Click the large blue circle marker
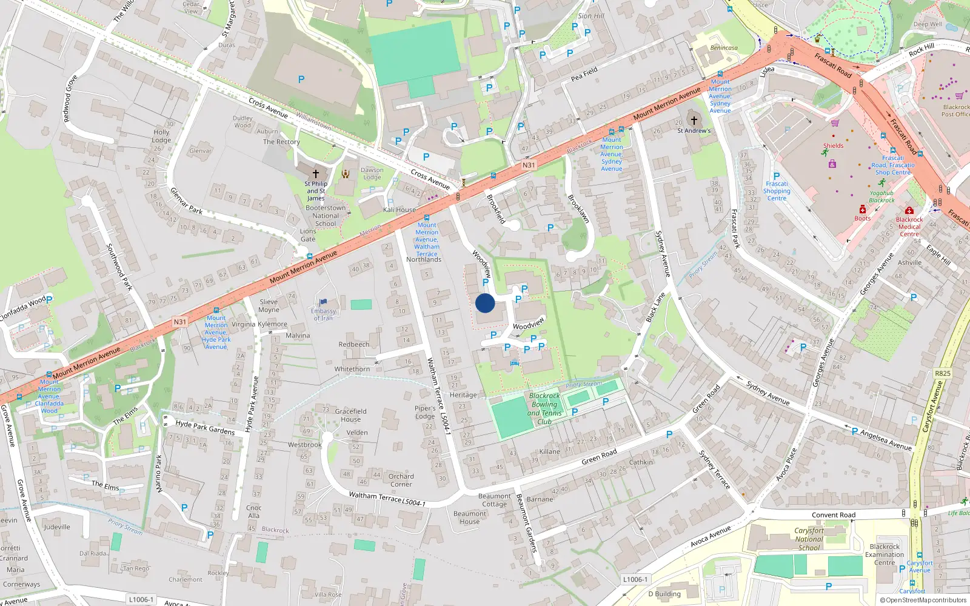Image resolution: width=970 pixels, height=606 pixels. click(x=485, y=303)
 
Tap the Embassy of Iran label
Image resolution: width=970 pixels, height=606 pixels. click(x=323, y=314)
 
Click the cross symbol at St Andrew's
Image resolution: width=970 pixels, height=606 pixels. click(x=694, y=121)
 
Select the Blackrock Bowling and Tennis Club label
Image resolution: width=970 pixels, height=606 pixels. click(x=544, y=408)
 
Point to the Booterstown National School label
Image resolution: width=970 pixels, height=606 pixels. click(x=326, y=216)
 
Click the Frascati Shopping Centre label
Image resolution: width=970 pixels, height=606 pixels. click(x=777, y=191)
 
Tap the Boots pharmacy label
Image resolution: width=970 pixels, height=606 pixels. click(x=862, y=218)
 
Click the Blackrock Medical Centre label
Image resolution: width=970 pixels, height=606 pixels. click(x=909, y=227)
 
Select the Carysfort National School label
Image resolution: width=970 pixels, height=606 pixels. click(x=809, y=539)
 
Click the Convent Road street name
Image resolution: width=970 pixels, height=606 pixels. click(x=834, y=515)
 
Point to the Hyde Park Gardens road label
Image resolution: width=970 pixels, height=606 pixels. click(x=205, y=427)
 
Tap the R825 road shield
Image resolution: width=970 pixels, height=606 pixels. click(x=942, y=373)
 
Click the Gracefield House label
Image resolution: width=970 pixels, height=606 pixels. click(x=350, y=415)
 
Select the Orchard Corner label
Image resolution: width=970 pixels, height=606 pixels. click(x=401, y=480)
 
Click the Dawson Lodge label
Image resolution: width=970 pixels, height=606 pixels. click(x=372, y=174)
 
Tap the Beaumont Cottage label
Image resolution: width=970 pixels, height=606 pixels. click(x=494, y=500)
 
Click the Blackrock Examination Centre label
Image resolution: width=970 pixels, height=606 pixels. click(x=885, y=554)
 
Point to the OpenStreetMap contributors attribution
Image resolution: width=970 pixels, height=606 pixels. click(x=923, y=601)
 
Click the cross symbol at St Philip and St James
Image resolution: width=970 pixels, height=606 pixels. click(x=315, y=174)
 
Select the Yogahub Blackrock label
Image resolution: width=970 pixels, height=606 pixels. click(x=881, y=196)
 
